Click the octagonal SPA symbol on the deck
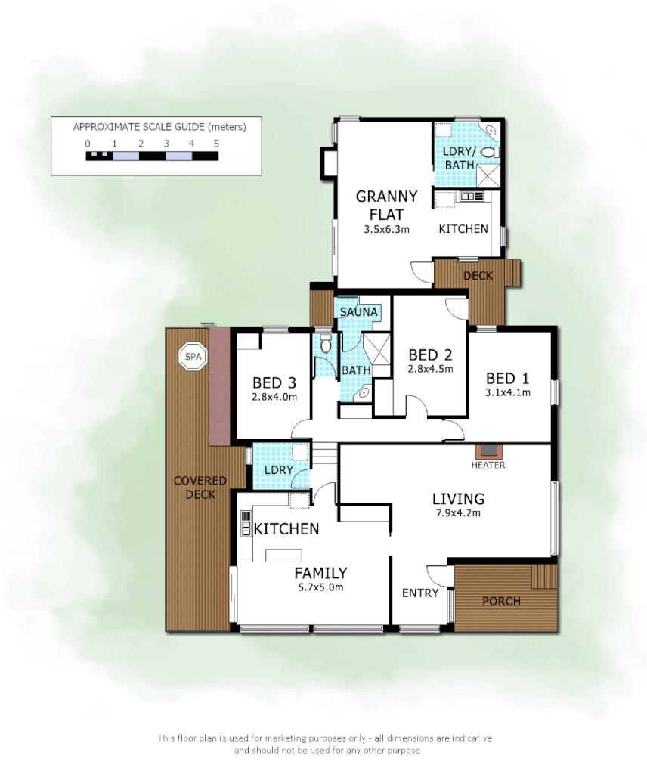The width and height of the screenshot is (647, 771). [192, 356]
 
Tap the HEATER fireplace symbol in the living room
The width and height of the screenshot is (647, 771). [488, 451]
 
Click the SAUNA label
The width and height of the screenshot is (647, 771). [359, 311]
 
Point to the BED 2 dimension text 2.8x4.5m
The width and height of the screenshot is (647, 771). [430, 369]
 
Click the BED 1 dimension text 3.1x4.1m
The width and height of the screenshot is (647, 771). [507, 392]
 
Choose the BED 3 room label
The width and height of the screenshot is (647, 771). [274, 382]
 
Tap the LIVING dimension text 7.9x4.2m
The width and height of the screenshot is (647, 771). [458, 512]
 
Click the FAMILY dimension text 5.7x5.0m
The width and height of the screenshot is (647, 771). [320, 587]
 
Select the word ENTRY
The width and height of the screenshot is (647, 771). [420, 593]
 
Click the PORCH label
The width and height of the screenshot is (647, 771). [501, 602]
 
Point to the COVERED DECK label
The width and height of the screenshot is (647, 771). [200, 488]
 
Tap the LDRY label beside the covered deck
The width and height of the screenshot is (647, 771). [278, 470]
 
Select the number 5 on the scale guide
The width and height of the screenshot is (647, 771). [216, 144]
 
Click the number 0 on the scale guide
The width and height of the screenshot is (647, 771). [88, 144]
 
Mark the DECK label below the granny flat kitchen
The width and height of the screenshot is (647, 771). [477, 276]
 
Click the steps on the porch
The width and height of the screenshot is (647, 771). [543, 577]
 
